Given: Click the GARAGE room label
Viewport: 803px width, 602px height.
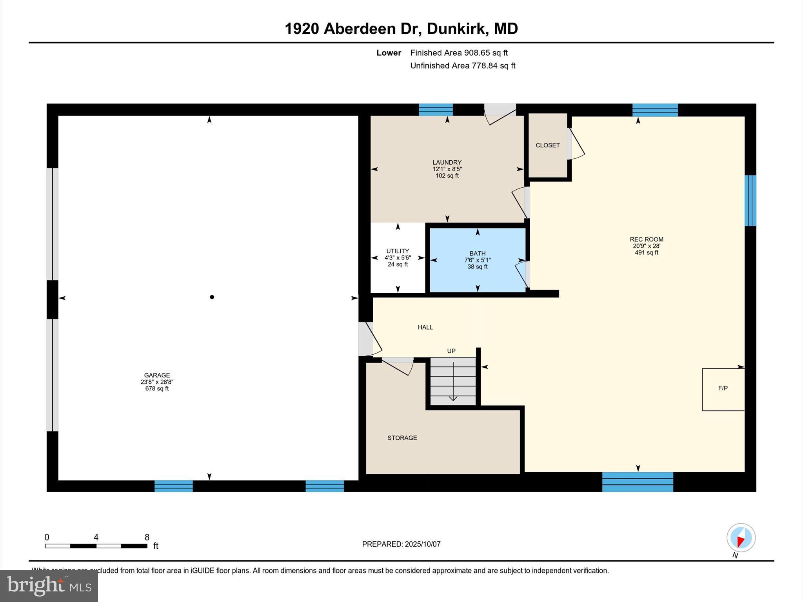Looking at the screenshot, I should (157, 375).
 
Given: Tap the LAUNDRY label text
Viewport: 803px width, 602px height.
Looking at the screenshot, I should (447, 162).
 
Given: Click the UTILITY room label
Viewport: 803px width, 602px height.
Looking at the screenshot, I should (398, 251).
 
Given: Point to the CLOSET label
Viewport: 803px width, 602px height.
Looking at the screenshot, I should (547, 145).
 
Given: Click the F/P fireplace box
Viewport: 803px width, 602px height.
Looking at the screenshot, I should (723, 389).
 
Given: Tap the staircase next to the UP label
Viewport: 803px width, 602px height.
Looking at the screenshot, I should (453, 381).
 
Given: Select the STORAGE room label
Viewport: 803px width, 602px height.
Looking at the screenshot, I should (402, 438).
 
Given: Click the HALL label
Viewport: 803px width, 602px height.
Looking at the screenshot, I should (425, 327).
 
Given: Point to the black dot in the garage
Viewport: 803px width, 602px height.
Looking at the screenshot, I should (212, 297).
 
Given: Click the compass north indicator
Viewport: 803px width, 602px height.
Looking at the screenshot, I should (741, 538).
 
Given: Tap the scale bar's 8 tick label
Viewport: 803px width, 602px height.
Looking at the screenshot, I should (147, 537).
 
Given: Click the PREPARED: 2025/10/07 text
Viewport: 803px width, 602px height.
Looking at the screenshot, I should (401, 544).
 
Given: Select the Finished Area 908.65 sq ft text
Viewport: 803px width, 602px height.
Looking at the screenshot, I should (459, 53).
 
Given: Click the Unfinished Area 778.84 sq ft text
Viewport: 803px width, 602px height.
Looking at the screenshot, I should (463, 66).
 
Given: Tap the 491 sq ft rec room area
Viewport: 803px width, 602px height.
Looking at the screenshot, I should (646, 253).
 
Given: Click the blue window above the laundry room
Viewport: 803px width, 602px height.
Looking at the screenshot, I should (436, 110).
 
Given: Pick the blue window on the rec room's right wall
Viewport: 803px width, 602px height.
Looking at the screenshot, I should (750, 200).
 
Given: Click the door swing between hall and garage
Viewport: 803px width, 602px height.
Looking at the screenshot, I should (369, 339).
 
